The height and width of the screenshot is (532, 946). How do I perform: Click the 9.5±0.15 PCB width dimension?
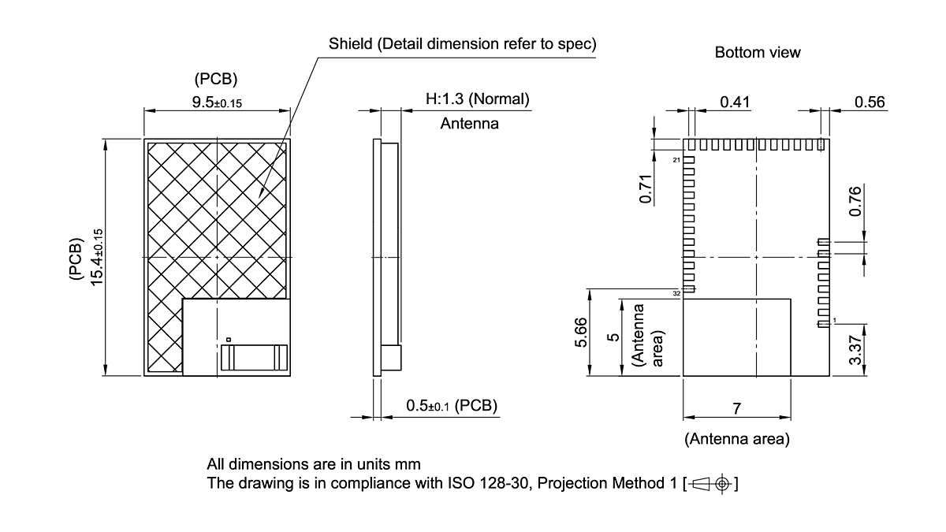pos(216,102)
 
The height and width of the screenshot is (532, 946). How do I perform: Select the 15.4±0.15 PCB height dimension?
pos(97,258)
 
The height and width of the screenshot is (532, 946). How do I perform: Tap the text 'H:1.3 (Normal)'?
pos(477,100)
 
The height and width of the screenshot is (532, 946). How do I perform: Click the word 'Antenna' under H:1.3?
pos(469,124)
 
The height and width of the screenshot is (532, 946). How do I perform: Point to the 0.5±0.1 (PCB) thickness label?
pos(452,406)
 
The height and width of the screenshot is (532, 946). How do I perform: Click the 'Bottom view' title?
pos(757,53)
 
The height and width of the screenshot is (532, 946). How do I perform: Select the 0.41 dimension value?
pos(735,102)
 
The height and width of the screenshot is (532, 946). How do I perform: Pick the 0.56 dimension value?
pos(870,102)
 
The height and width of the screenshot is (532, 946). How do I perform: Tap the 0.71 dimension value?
pos(646,190)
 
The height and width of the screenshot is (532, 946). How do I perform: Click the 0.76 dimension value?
pos(855,202)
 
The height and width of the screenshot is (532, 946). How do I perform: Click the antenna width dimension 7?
pos(736,408)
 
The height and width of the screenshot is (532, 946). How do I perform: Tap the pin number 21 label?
pos(676,160)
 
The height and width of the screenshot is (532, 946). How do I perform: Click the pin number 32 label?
pos(676,293)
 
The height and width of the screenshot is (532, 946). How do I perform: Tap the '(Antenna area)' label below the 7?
pos(736,439)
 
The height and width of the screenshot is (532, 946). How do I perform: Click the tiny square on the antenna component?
pos(228,339)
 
